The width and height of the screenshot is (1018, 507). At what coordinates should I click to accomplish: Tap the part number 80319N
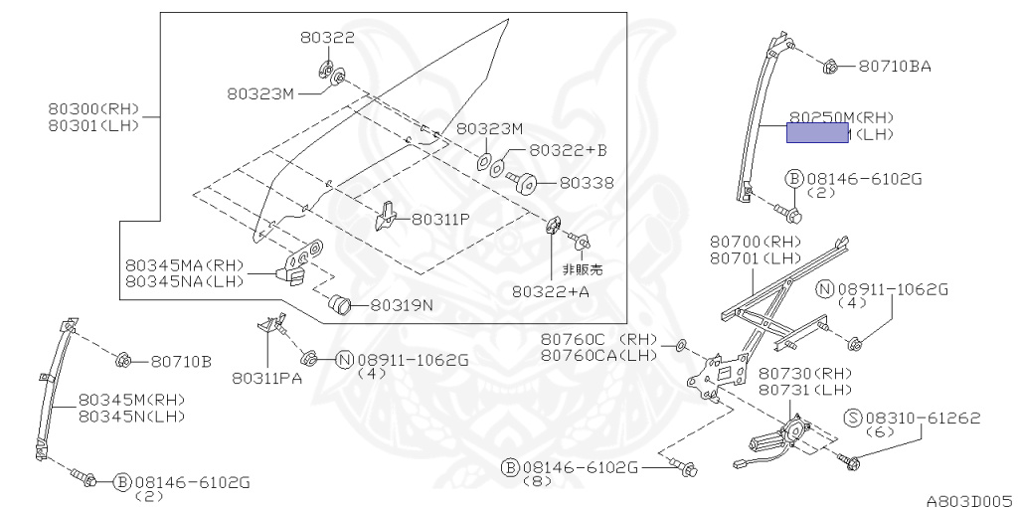click(x=403, y=305)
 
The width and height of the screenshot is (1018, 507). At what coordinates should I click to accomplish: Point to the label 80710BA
click(x=895, y=68)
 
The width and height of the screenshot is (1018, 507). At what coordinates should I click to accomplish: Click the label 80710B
click(x=180, y=361)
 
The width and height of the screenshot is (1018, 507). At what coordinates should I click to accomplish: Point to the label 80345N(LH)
click(x=132, y=416)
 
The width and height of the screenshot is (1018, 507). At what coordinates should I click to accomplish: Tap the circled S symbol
click(x=852, y=419)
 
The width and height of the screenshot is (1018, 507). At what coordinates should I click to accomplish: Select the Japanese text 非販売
click(x=583, y=268)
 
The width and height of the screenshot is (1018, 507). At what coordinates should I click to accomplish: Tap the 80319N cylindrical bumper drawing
click(x=342, y=302)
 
